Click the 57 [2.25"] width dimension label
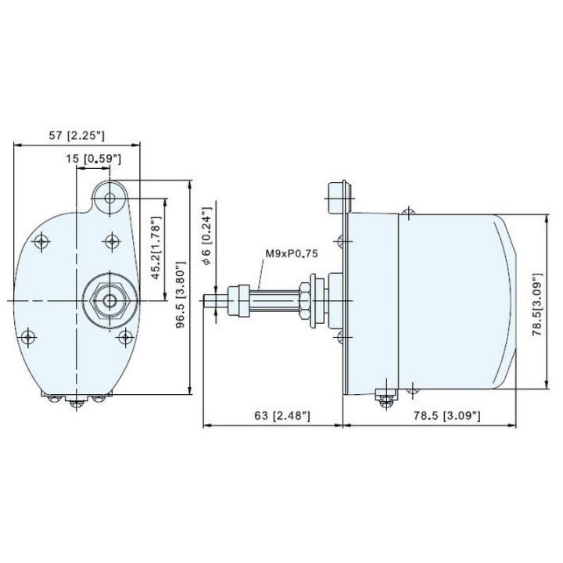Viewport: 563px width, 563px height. pyautogui.click(x=76, y=135)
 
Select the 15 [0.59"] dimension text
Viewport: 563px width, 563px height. pyautogui.click(x=93, y=159)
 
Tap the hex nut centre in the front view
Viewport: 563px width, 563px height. pyautogui.click(x=108, y=299)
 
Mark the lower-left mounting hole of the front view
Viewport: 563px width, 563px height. pyautogui.click(x=29, y=336)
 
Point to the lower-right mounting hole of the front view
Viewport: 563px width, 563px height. pyautogui.click(x=125, y=337)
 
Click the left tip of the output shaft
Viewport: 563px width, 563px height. pyautogui.click(x=206, y=300)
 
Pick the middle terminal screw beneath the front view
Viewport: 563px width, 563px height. pyautogui.click(x=77, y=401)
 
